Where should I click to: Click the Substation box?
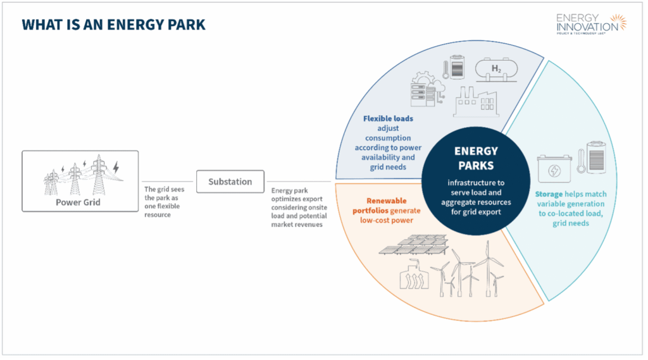click(x=230, y=182)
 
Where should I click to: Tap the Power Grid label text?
click(x=80, y=202)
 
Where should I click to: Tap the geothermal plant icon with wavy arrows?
click(x=413, y=277)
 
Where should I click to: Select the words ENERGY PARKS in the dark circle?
click(x=476, y=158)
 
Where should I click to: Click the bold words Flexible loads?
click(x=387, y=118)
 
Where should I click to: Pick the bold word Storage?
click(x=548, y=194)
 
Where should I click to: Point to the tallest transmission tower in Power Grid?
click(x=97, y=175)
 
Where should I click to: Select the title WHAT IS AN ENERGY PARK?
click(x=114, y=25)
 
